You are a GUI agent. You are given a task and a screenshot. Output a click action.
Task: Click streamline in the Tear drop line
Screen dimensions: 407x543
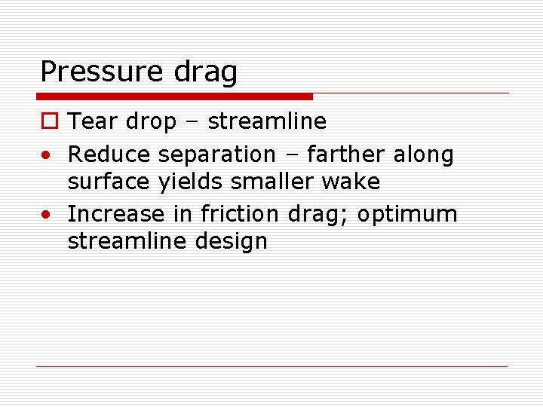267,121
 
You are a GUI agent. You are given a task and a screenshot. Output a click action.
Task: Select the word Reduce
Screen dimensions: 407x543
109,155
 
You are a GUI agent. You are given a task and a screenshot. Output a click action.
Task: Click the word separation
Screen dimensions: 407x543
217,155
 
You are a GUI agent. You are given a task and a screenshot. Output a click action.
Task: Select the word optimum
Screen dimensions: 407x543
407,215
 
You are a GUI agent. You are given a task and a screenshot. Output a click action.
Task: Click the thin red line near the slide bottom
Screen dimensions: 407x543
271,366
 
